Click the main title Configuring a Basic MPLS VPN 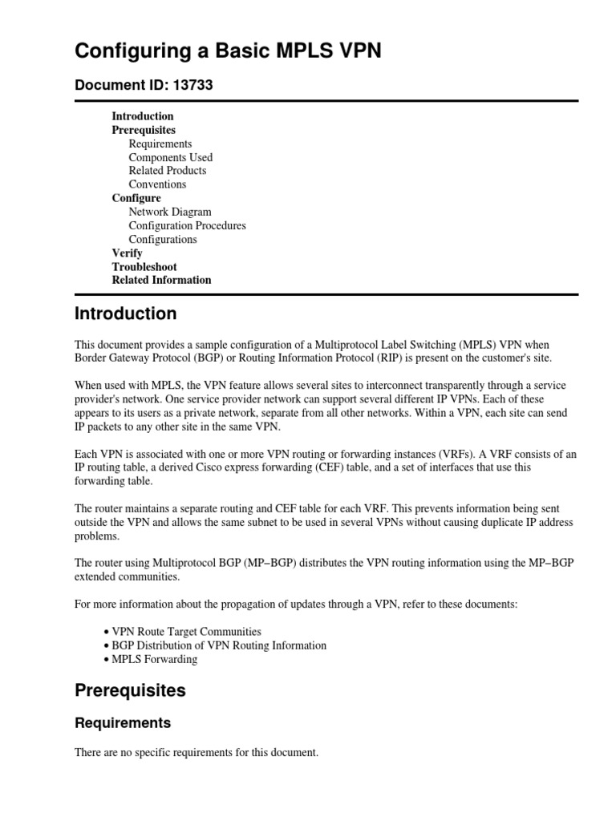pos(228,52)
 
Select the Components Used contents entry pos(170,157)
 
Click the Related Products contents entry pos(167,171)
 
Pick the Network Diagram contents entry pos(170,212)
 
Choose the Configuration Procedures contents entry pos(187,225)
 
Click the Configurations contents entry pos(162,239)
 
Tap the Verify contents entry pos(127,253)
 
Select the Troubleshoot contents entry pos(144,266)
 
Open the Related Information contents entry pos(161,280)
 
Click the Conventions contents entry pos(157,184)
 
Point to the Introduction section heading pos(125,313)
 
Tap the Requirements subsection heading pos(123,723)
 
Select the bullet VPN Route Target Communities pos(186,632)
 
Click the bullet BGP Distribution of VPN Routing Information pos(219,645)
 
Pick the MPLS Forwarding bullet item pos(154,659)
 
